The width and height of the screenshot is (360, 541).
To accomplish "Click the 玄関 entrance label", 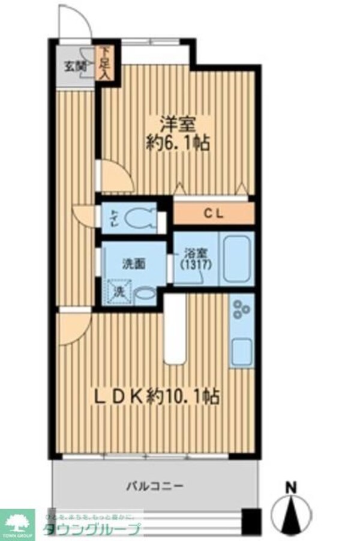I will [74, 65].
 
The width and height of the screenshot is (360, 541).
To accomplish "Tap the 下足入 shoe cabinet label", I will [105, 63].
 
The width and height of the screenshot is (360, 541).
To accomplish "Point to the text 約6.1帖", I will [178, 144].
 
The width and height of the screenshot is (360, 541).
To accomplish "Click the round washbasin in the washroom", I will [145, 295].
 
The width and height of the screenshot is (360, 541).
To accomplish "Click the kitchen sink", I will [242, 349].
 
